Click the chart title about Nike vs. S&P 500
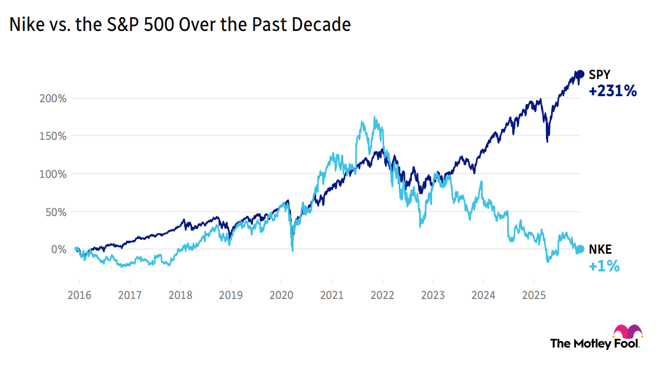point(180,25)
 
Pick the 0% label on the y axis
point(59,249)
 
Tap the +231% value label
point(612,91)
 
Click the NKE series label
point(600,249)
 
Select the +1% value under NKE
point(604,266)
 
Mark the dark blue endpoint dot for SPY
point(580,74)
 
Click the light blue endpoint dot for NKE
point(580,249)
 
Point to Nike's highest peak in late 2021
point(375,117)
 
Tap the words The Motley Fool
point(594,343)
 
